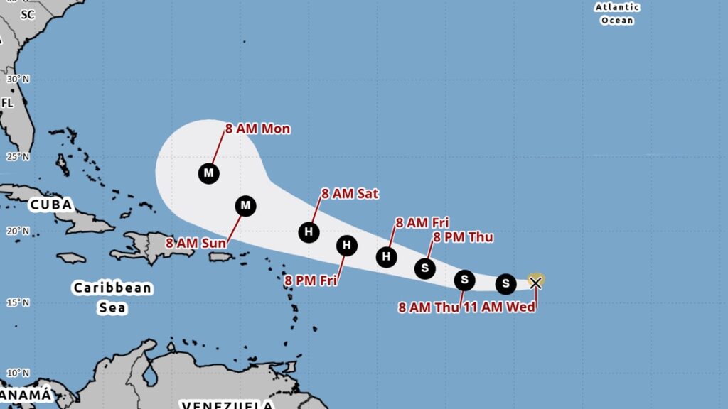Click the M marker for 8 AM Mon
[x=208, y=173]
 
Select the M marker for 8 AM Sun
[x=245, y=206]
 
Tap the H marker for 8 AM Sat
[x=309, y=231]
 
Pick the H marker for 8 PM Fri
[x=346, y=246]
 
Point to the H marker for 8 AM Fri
[x=387, y=256]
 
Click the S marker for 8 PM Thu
[x=424, y=268]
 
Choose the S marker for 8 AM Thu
[x=464, y=280]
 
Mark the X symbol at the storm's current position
[x=535, y=283]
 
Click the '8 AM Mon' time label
[x=257, y=129]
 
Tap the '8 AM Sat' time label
[x=350, y=193]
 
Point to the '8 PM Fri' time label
[x=311, y=280]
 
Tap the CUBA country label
[x=51, y=205]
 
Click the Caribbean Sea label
[x=112, y=298]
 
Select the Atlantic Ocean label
[x=617, y=14]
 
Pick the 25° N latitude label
[x=18, y=156]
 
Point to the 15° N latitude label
[x=18, y=302]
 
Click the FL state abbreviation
[x=7, y=103]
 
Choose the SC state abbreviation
[x=28, y=13]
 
